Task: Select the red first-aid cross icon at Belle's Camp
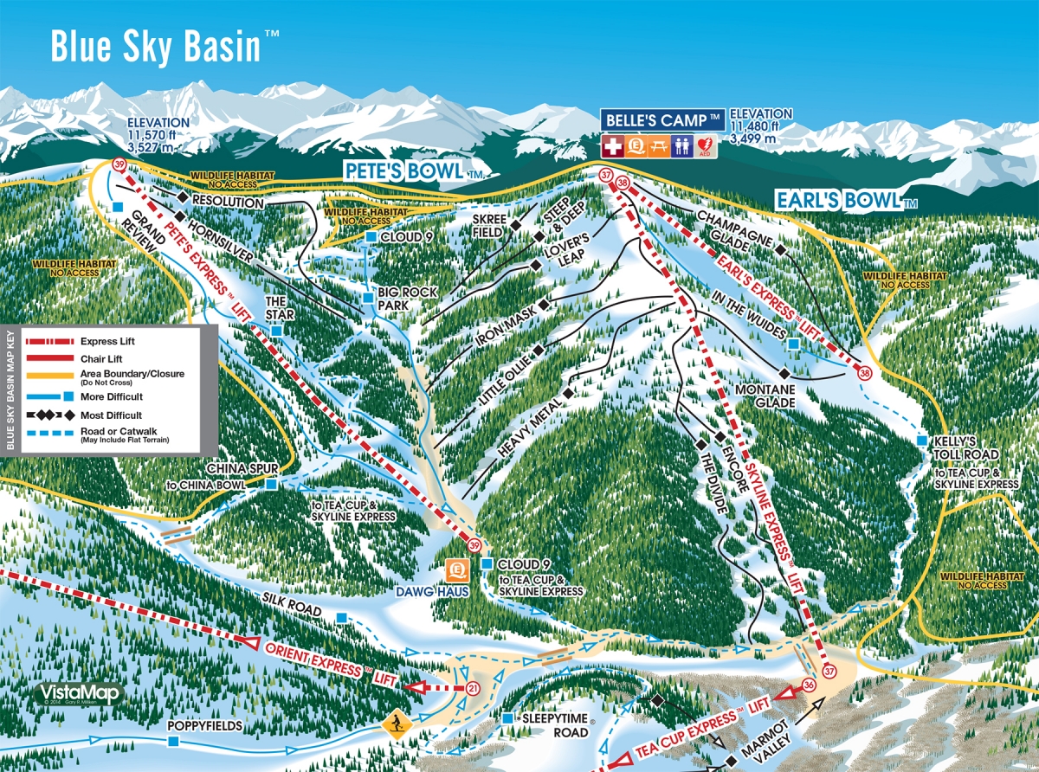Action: pos(613,146)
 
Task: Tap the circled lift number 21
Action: pos(473,689)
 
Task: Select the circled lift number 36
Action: pos(810,685)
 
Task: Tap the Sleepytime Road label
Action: pos(555,725)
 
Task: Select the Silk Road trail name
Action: pos(290,611)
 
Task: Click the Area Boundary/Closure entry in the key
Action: pos(104,374)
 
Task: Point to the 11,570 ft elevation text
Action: pos(157,136)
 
